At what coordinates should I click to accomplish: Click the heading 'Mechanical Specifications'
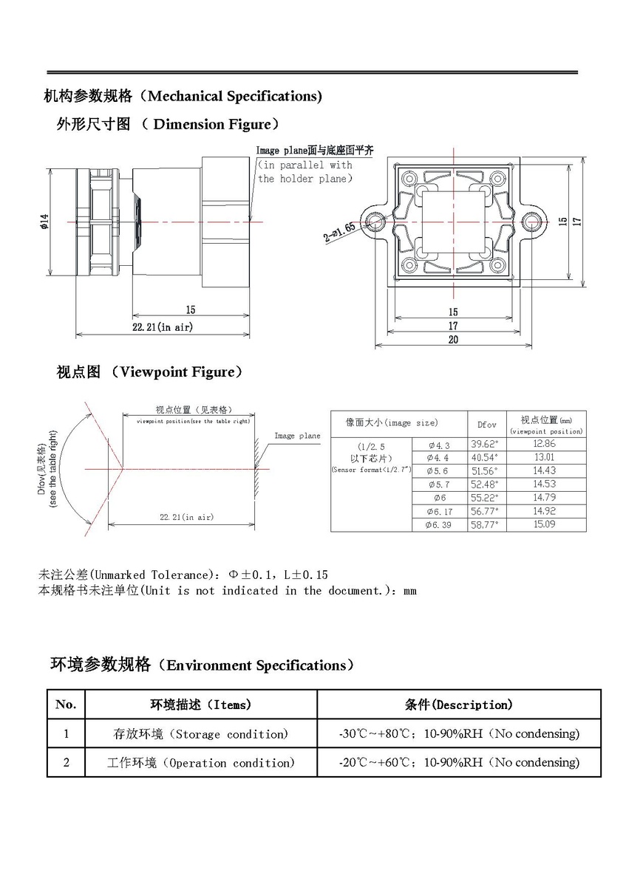(x=234, y=96)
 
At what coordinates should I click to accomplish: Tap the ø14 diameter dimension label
(x=44, y=221)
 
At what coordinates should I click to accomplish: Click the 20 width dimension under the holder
(x=453, y=339)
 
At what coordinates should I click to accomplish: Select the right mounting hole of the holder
(x=531, y=221)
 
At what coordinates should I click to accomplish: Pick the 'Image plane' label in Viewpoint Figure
(x=297, y=436)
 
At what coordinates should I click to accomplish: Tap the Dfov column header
(x=487, y=425)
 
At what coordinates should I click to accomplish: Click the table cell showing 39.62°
(x=486, y=444)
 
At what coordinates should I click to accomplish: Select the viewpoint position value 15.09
(x=544, y=524)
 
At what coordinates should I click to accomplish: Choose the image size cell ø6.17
(x=438, y=511)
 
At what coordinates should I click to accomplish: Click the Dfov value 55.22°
(x=486, y=498)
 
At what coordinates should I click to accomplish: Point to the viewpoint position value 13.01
(x=544, y=457)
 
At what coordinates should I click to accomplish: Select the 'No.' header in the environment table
(x=66, y=705)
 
